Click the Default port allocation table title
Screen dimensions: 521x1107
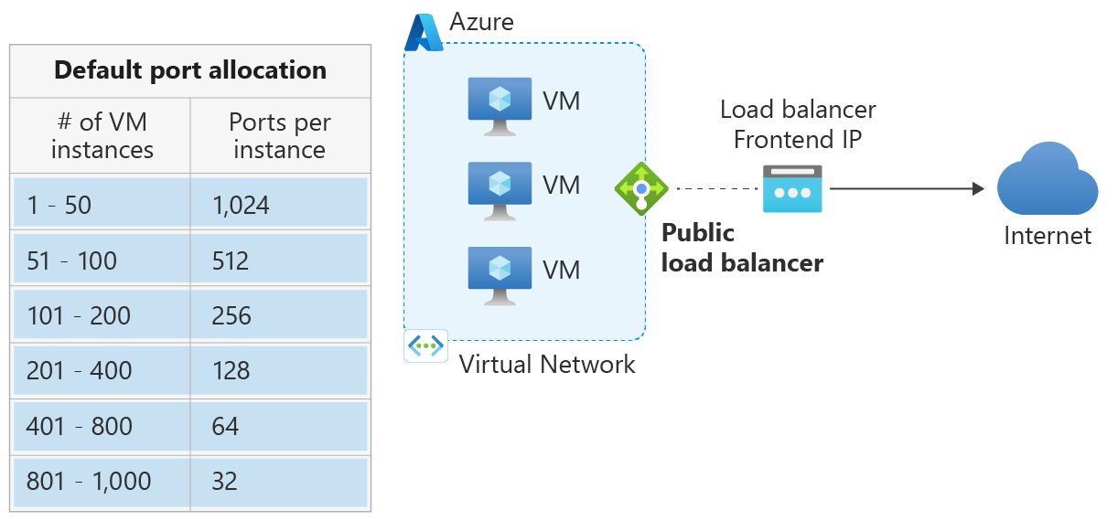point(190,70)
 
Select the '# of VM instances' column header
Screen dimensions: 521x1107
point(102,135)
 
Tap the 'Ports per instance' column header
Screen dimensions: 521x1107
point(279,135)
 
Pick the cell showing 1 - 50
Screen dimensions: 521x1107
point(102,205)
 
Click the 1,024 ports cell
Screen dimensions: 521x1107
point(279,205)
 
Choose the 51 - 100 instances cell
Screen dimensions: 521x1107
point(102,260)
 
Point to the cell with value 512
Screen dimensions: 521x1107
point(279,260)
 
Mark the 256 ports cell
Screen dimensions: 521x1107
point(279,316)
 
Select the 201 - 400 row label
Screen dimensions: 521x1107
point(102,371)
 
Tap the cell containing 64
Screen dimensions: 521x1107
point(279,426)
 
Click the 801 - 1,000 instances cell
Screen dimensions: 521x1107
point(102,482)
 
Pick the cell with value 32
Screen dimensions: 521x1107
point(279,482)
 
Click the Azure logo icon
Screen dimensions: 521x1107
point(424,33)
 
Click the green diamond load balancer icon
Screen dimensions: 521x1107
point(641,189)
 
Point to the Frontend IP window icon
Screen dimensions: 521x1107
point(792,189)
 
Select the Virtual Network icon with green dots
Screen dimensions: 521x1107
point(425,346)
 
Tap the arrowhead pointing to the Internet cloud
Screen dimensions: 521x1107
point(978,189)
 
